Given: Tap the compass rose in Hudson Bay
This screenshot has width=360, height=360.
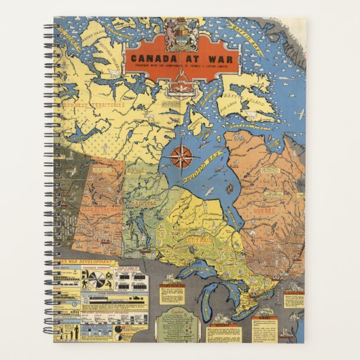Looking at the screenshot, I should (181, 156).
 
